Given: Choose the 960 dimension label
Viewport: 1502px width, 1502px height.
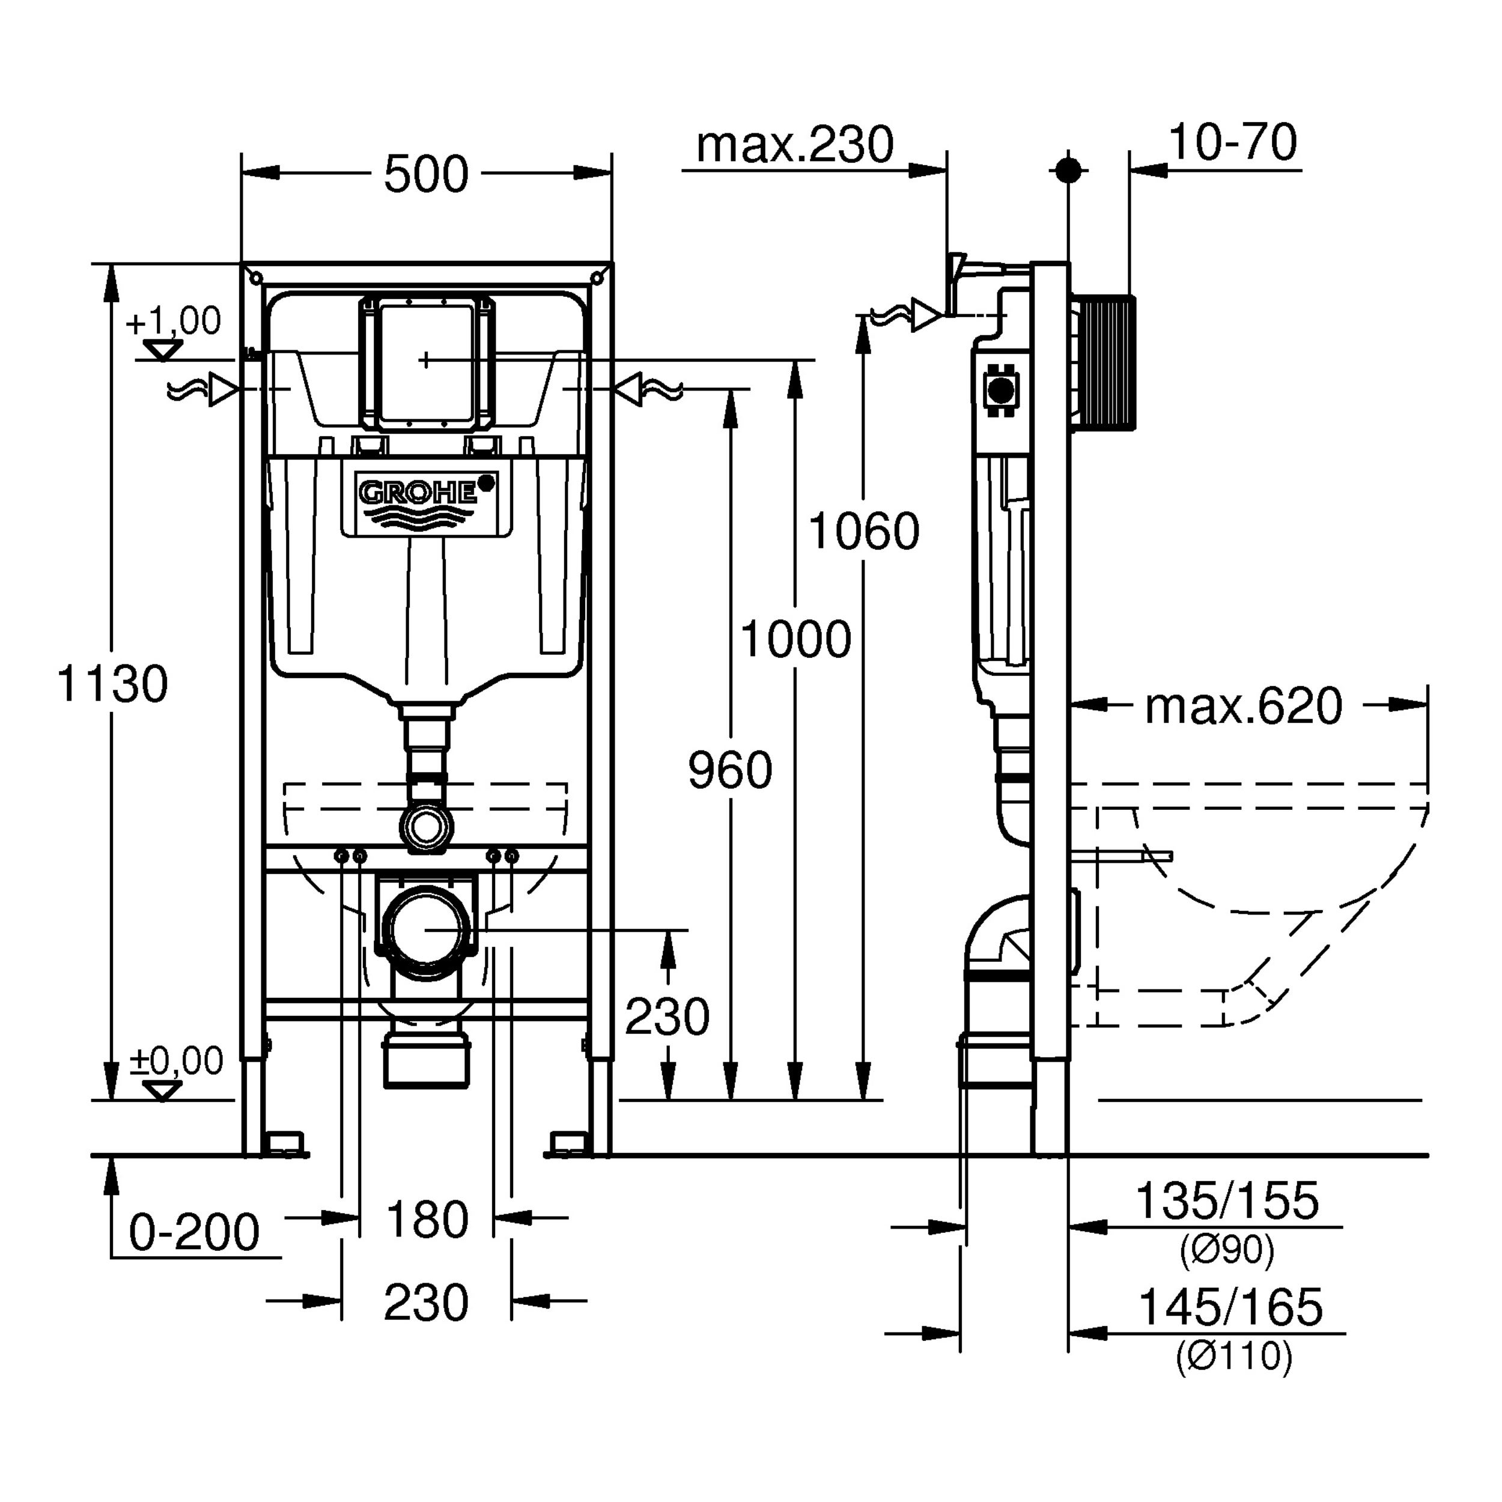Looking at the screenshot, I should pyautogui.click(x=730, y=770).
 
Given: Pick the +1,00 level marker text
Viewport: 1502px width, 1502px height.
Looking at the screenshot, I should pyautogui.click(x=174, y=321).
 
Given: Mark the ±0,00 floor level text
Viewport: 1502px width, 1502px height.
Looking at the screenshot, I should pyautogui.click(x=177, y=1060).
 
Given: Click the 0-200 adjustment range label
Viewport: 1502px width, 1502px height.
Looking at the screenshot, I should pyautogui.click(x=193, y=1232).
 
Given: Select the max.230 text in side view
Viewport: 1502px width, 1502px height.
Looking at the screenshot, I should pyautogui.click(x=794, y=145).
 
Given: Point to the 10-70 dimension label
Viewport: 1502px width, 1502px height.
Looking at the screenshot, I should pyautogui.click(x=1232, y=142).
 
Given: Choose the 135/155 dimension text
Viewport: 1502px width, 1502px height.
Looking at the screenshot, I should pyautogui.click(x=1227, y=1200).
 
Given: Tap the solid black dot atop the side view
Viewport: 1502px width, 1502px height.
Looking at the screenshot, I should pyautogui.click(x=1068, y=170).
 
